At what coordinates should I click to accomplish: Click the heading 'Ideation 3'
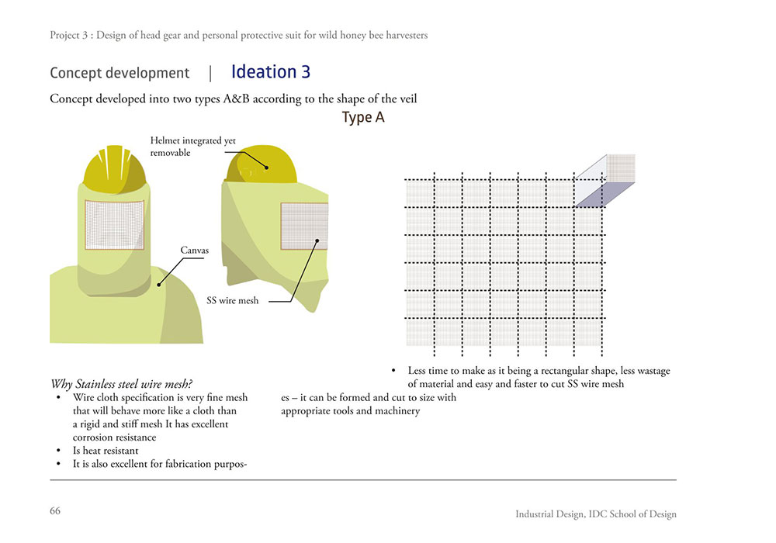(271, 72)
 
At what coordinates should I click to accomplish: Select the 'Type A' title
(363, 118)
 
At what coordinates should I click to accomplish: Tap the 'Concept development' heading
(120, 74)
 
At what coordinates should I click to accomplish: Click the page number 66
(55, 510)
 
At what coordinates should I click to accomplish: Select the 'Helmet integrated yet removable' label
(193, 147)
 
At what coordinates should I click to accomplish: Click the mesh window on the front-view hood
(114, 224)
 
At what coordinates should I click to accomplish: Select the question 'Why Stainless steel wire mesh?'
(121, 384)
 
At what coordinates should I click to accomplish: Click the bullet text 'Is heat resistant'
(106, 451)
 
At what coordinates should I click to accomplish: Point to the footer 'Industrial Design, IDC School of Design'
(595, 514)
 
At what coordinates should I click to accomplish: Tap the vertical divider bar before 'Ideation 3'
(210, 74)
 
